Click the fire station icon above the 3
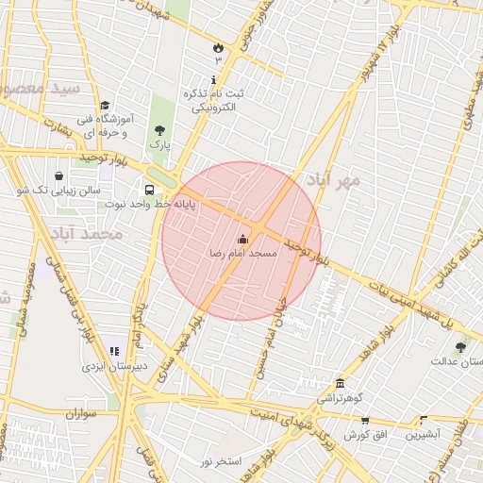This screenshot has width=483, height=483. pos(218,46)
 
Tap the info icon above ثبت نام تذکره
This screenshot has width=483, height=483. pos(214,79)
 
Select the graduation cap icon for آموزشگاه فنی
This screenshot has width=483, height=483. pos(105,106)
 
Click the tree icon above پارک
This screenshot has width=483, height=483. pos(159,130)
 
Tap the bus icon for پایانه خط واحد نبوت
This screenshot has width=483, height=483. pos(149,190)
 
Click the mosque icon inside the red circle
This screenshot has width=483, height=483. pos(242,239)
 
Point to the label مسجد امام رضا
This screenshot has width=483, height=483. pos(243,254)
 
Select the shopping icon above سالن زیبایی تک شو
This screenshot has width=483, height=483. pos(59,175)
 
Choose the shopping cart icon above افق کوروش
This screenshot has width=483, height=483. pos(365,420)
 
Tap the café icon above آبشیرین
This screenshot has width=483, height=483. pos(423,420)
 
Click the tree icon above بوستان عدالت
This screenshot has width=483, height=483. pos(460,347)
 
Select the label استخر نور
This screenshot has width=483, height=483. pos(222,460)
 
